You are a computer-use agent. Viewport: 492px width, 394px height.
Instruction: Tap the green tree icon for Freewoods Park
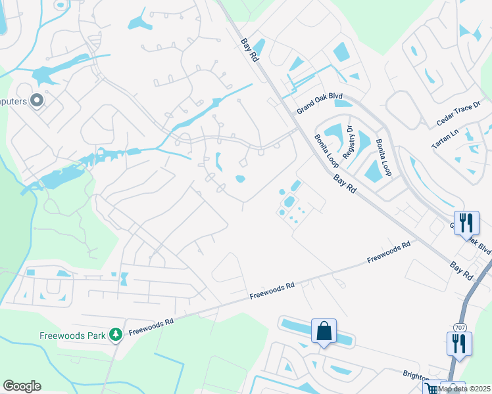[x=116, y=335]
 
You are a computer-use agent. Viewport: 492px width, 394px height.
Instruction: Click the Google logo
[x=22, y=386]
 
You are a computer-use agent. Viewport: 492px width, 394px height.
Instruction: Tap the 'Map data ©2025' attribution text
[x=464, y=389]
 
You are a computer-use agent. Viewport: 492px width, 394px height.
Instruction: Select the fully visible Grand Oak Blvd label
[x=320, y=102]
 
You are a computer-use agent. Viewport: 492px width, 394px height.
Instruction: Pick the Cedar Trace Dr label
[x=460, y=114]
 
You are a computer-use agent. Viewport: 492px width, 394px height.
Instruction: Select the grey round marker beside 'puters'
[x=37, y=100]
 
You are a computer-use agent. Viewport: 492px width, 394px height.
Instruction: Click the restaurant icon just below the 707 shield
[x=458, y=343]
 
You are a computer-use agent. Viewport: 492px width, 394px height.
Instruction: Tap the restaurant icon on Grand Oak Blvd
[x=466, y=223]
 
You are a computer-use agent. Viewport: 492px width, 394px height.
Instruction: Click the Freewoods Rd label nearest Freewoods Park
[x=151, y=323]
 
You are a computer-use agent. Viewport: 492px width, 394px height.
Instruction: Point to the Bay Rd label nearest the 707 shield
[x=462, y=268]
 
